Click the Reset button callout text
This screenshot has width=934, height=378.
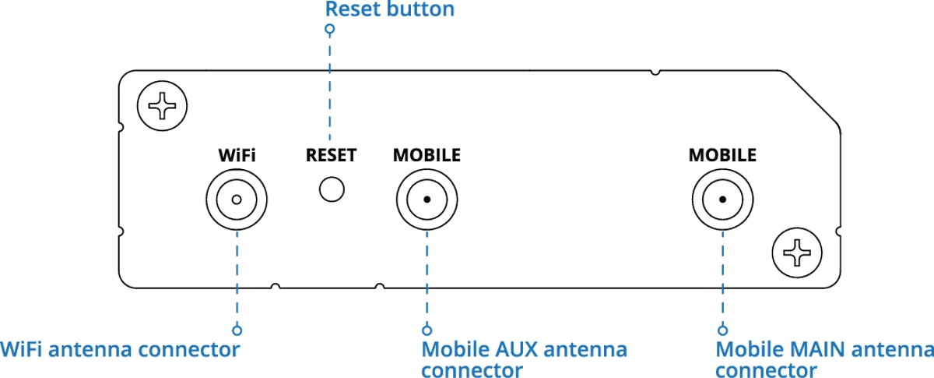point(389,10)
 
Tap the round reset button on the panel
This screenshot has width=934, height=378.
point(332,189)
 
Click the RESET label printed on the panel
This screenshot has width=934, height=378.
point(331,155)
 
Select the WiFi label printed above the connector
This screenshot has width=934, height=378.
point(237,155)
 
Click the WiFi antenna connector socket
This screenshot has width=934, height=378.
point(236,199)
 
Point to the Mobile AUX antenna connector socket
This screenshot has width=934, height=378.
point(427,199)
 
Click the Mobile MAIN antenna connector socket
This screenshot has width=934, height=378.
point(722,199)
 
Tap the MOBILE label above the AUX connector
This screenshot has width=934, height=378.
point(427,155)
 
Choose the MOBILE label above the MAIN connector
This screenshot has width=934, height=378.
point(722,155)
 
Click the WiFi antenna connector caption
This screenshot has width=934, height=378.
point(120,349)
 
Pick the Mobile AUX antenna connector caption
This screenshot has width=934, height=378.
point(524,359)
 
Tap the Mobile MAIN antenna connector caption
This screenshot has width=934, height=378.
point(823,359)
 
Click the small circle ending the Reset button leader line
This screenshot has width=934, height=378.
point(330,30)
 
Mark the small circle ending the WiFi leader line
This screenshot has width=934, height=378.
point(237,330)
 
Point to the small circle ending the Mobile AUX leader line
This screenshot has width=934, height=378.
point(427,330)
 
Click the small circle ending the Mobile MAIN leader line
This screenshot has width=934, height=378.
point(722,330)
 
